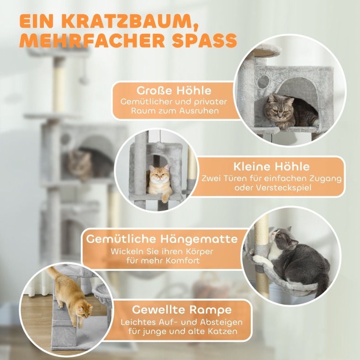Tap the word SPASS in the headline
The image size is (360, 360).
[204, 41]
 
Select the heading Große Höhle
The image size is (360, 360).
[174, 90]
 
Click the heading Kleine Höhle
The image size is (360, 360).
[271, 167]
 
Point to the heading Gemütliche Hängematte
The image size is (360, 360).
[162, 239]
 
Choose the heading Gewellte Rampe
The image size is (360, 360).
[182, 310]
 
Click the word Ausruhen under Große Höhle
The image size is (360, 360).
[196, 111]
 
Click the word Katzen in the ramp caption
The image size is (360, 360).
[222, 331]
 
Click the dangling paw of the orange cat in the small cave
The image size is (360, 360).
[164, 198]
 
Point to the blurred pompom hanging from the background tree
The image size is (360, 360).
[84, 79]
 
